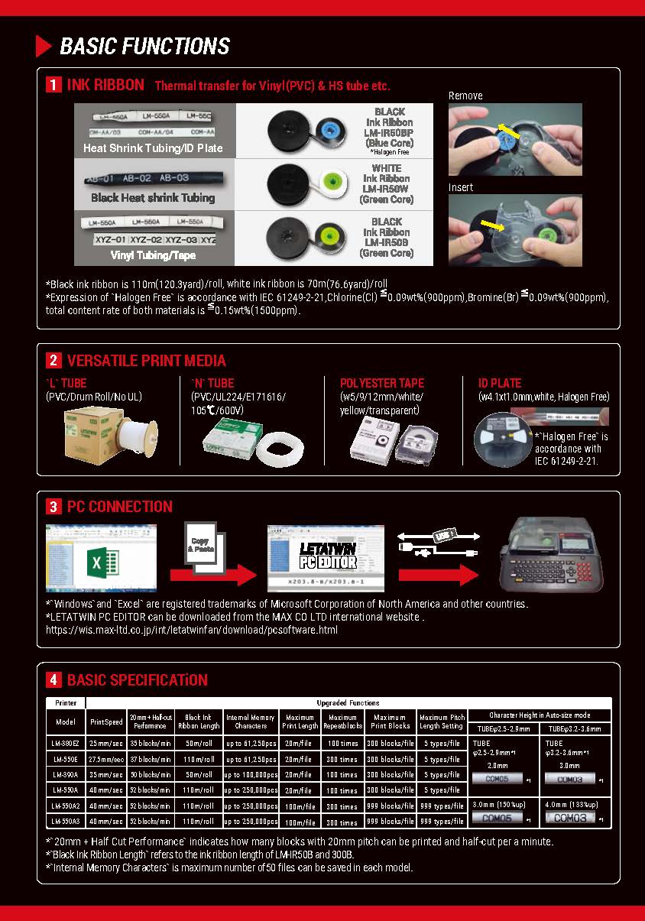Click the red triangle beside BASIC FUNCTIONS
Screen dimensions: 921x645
(x=44, y=46)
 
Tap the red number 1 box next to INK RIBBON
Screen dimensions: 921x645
(x=53, y=85)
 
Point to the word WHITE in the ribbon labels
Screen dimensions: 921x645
(x=386, y=168)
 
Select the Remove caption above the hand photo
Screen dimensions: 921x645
(x=465, y=96)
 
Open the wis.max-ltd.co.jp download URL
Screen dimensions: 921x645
(x=192, y=630)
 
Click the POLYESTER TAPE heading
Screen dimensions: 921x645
(x=381, y=383)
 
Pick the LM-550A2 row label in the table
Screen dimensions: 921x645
(x=66, y=806)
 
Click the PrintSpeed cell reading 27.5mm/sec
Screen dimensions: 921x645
(x=106, y=760)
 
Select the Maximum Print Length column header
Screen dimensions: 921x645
(x=300, y=722)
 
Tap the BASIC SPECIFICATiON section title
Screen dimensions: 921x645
(x=137, y=679)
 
